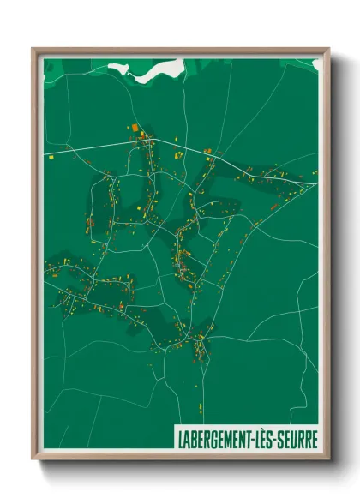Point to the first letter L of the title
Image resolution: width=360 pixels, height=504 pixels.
coord(180,435)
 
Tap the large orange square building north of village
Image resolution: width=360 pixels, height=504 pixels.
coord(135,128)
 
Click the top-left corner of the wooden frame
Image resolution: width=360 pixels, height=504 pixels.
coord(33,49)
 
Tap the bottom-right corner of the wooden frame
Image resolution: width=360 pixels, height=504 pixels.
coord(329,459)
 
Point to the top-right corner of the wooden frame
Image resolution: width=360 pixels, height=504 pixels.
coord(329,49)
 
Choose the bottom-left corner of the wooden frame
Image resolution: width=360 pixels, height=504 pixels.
coord(33,459)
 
